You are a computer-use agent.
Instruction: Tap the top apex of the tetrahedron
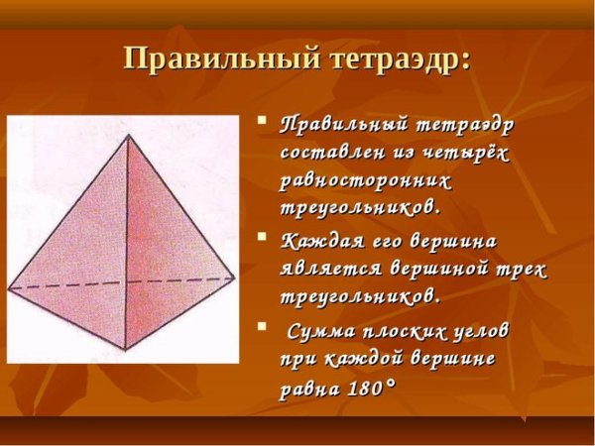127,136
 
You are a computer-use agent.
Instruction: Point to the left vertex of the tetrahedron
9,288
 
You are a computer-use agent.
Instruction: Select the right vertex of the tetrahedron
235,279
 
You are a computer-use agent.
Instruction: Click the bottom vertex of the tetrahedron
125,350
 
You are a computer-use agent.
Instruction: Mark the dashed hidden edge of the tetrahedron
119,283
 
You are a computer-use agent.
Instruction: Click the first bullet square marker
263,124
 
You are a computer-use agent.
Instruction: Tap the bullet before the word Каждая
263,238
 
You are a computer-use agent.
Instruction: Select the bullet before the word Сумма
263,325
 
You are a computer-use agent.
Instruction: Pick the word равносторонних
366,182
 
